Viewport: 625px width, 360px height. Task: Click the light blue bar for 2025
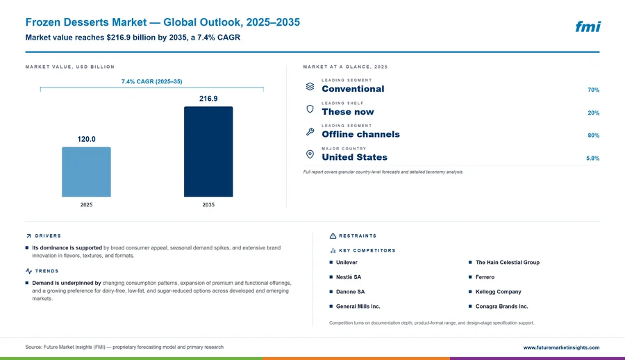tap(86, 172)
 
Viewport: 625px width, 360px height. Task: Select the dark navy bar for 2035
tap(208, 152)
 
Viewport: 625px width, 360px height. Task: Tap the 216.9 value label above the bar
tap(208, 99)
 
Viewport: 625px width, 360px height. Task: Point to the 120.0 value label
tap(87, 139)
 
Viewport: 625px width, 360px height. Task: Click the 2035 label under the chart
tap(208, 205)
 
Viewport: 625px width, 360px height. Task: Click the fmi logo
tap(588, 26)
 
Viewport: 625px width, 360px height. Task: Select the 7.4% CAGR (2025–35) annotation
tap(152, 81)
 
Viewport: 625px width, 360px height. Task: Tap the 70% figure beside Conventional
tap(594, 90)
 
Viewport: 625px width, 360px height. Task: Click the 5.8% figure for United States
tap(593, 158)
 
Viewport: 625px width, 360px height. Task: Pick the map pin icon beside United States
tap(310, 154)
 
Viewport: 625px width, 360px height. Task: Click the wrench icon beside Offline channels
tap(310, 132)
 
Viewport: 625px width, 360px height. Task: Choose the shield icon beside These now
tap(310, 109)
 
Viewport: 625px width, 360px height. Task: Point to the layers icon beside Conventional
tap(310, 86)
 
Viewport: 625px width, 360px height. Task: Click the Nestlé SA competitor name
tap(349, 277)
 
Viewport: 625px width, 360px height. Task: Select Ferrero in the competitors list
tap(485, 277)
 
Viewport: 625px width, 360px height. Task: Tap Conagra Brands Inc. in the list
tap(501, 306)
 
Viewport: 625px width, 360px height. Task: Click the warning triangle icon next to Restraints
tap(333, 236)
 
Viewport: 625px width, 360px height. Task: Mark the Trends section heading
tap(47, 271)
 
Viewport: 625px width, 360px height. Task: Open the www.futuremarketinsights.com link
tap(561, 347)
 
